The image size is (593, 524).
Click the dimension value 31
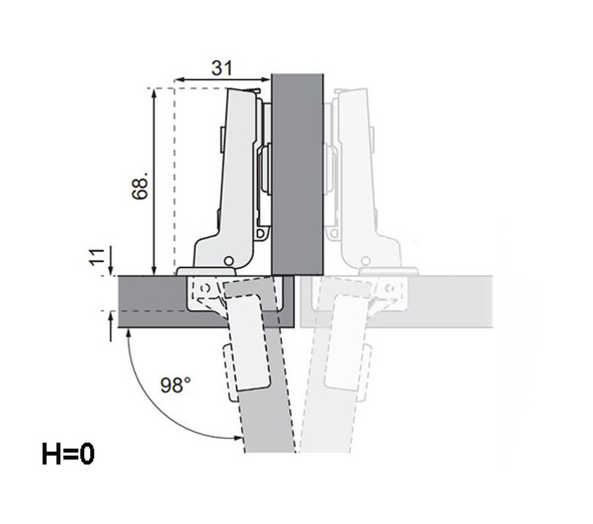tap(222, 68)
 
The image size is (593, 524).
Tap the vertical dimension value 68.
tap(140, 185)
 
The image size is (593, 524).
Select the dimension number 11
tap(97, 257)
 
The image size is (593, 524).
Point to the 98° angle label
tap(176, 385)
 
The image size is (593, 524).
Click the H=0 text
tap(68, 454)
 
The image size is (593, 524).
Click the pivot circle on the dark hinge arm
tap(228, 261)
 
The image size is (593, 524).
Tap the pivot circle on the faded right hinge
tap(366, 261)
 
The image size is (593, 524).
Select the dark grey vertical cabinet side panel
tap(297, 174)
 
